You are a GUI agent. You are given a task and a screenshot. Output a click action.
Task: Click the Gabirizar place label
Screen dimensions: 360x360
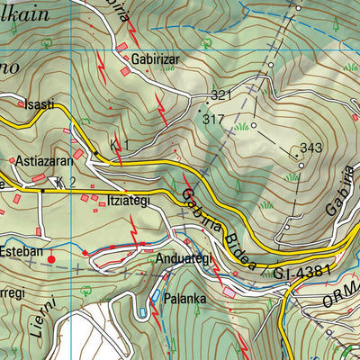(157, 58)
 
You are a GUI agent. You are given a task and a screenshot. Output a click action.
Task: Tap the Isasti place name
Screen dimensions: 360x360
(39, 104)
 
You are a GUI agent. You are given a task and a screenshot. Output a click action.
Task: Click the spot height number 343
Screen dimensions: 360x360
(310, 148)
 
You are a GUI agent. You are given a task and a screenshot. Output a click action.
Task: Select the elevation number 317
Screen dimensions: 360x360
(213, 118)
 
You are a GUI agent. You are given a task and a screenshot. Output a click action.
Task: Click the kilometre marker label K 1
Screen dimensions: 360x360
(120, 145)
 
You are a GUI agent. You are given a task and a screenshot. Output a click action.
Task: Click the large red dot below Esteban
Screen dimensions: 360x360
(50, 259)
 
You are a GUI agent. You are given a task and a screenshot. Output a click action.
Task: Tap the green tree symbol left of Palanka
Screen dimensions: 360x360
(141, 311)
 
